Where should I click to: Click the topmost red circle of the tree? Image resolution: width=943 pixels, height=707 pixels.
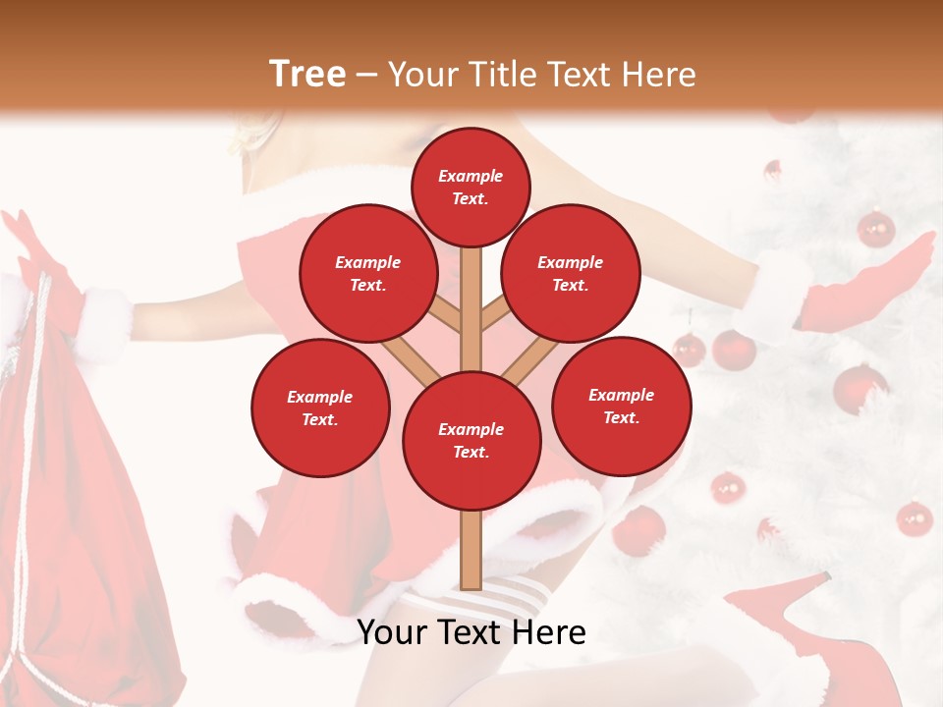tap(471, 187)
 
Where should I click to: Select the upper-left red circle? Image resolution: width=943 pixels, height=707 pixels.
tap(368, 273)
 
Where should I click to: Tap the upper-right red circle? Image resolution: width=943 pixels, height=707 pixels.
tap(571, 273)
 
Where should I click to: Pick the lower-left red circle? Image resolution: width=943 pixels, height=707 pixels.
tap(320, 408)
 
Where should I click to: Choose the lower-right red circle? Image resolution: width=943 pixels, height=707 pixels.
tap(621, 406)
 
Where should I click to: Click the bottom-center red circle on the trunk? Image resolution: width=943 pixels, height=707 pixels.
tap(471, 440)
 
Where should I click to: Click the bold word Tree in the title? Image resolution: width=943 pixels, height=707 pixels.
tap(307, 74)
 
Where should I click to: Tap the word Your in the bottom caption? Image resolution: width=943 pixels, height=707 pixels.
tap(393, 632)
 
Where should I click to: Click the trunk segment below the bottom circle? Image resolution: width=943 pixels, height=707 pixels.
tap(471, 550)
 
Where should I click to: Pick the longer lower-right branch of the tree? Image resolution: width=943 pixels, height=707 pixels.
tap(532, 358)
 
